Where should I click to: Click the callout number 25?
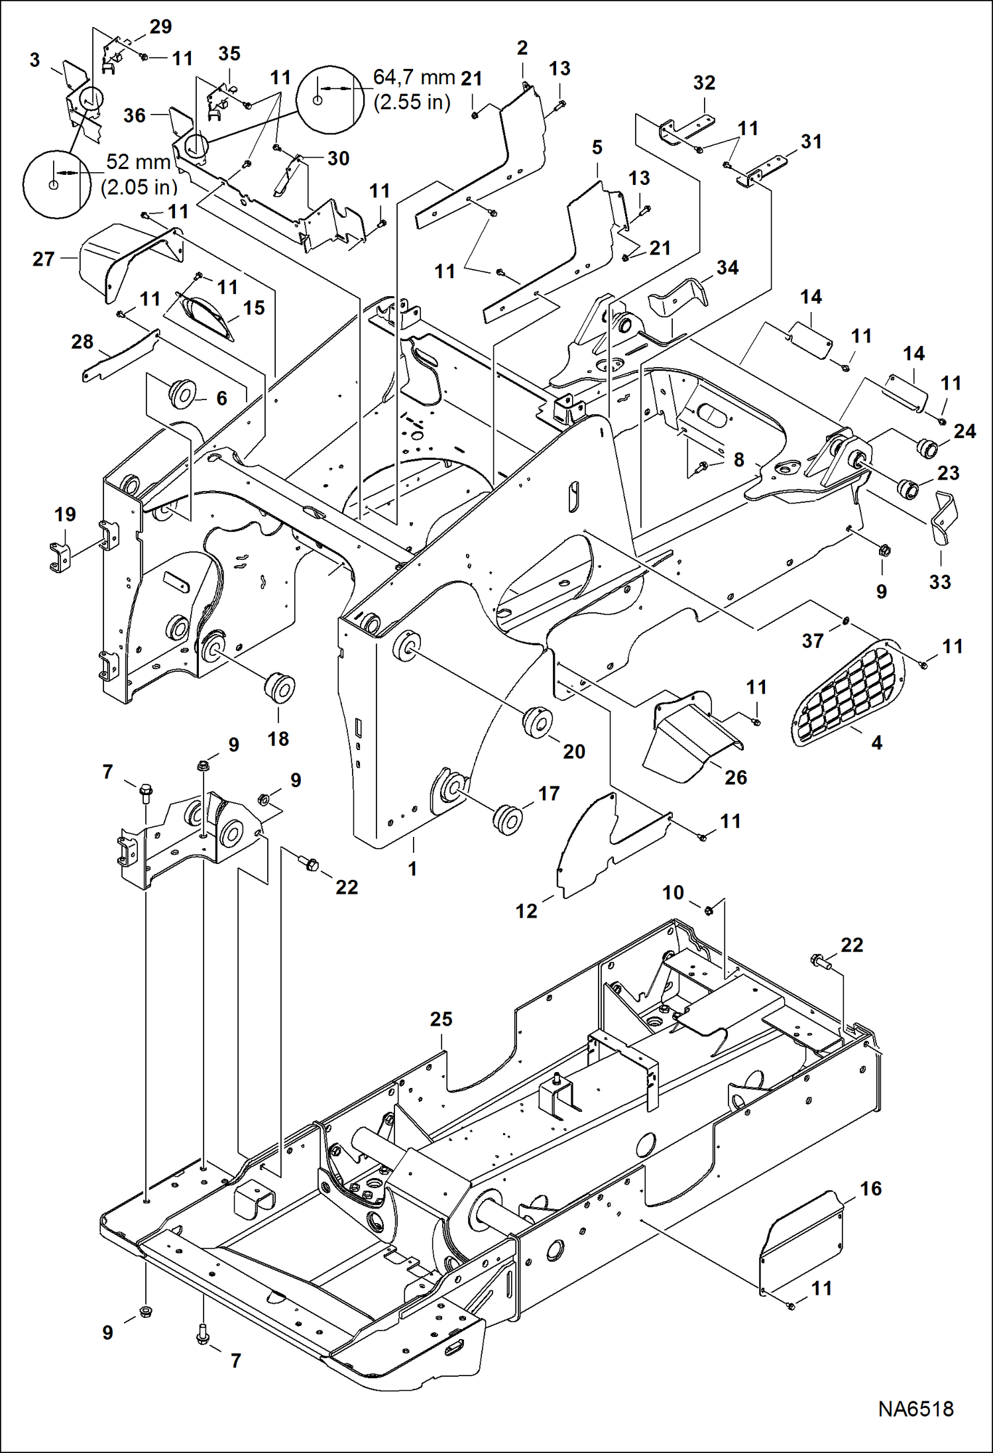click(441, 1018)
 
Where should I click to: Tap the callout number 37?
click(812, 641)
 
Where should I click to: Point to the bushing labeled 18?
click(279, 689)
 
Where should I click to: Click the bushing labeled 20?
click(538, 722)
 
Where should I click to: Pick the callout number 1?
click(412, 868)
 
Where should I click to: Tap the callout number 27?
click(43, 258)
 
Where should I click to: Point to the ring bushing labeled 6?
click(180, 392)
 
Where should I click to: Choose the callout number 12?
click(526, 911)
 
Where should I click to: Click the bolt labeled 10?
click(707, 910)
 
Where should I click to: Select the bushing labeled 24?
click(926, 447)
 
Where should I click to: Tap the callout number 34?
click(727, 268)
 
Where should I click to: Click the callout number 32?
click(704, 83)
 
